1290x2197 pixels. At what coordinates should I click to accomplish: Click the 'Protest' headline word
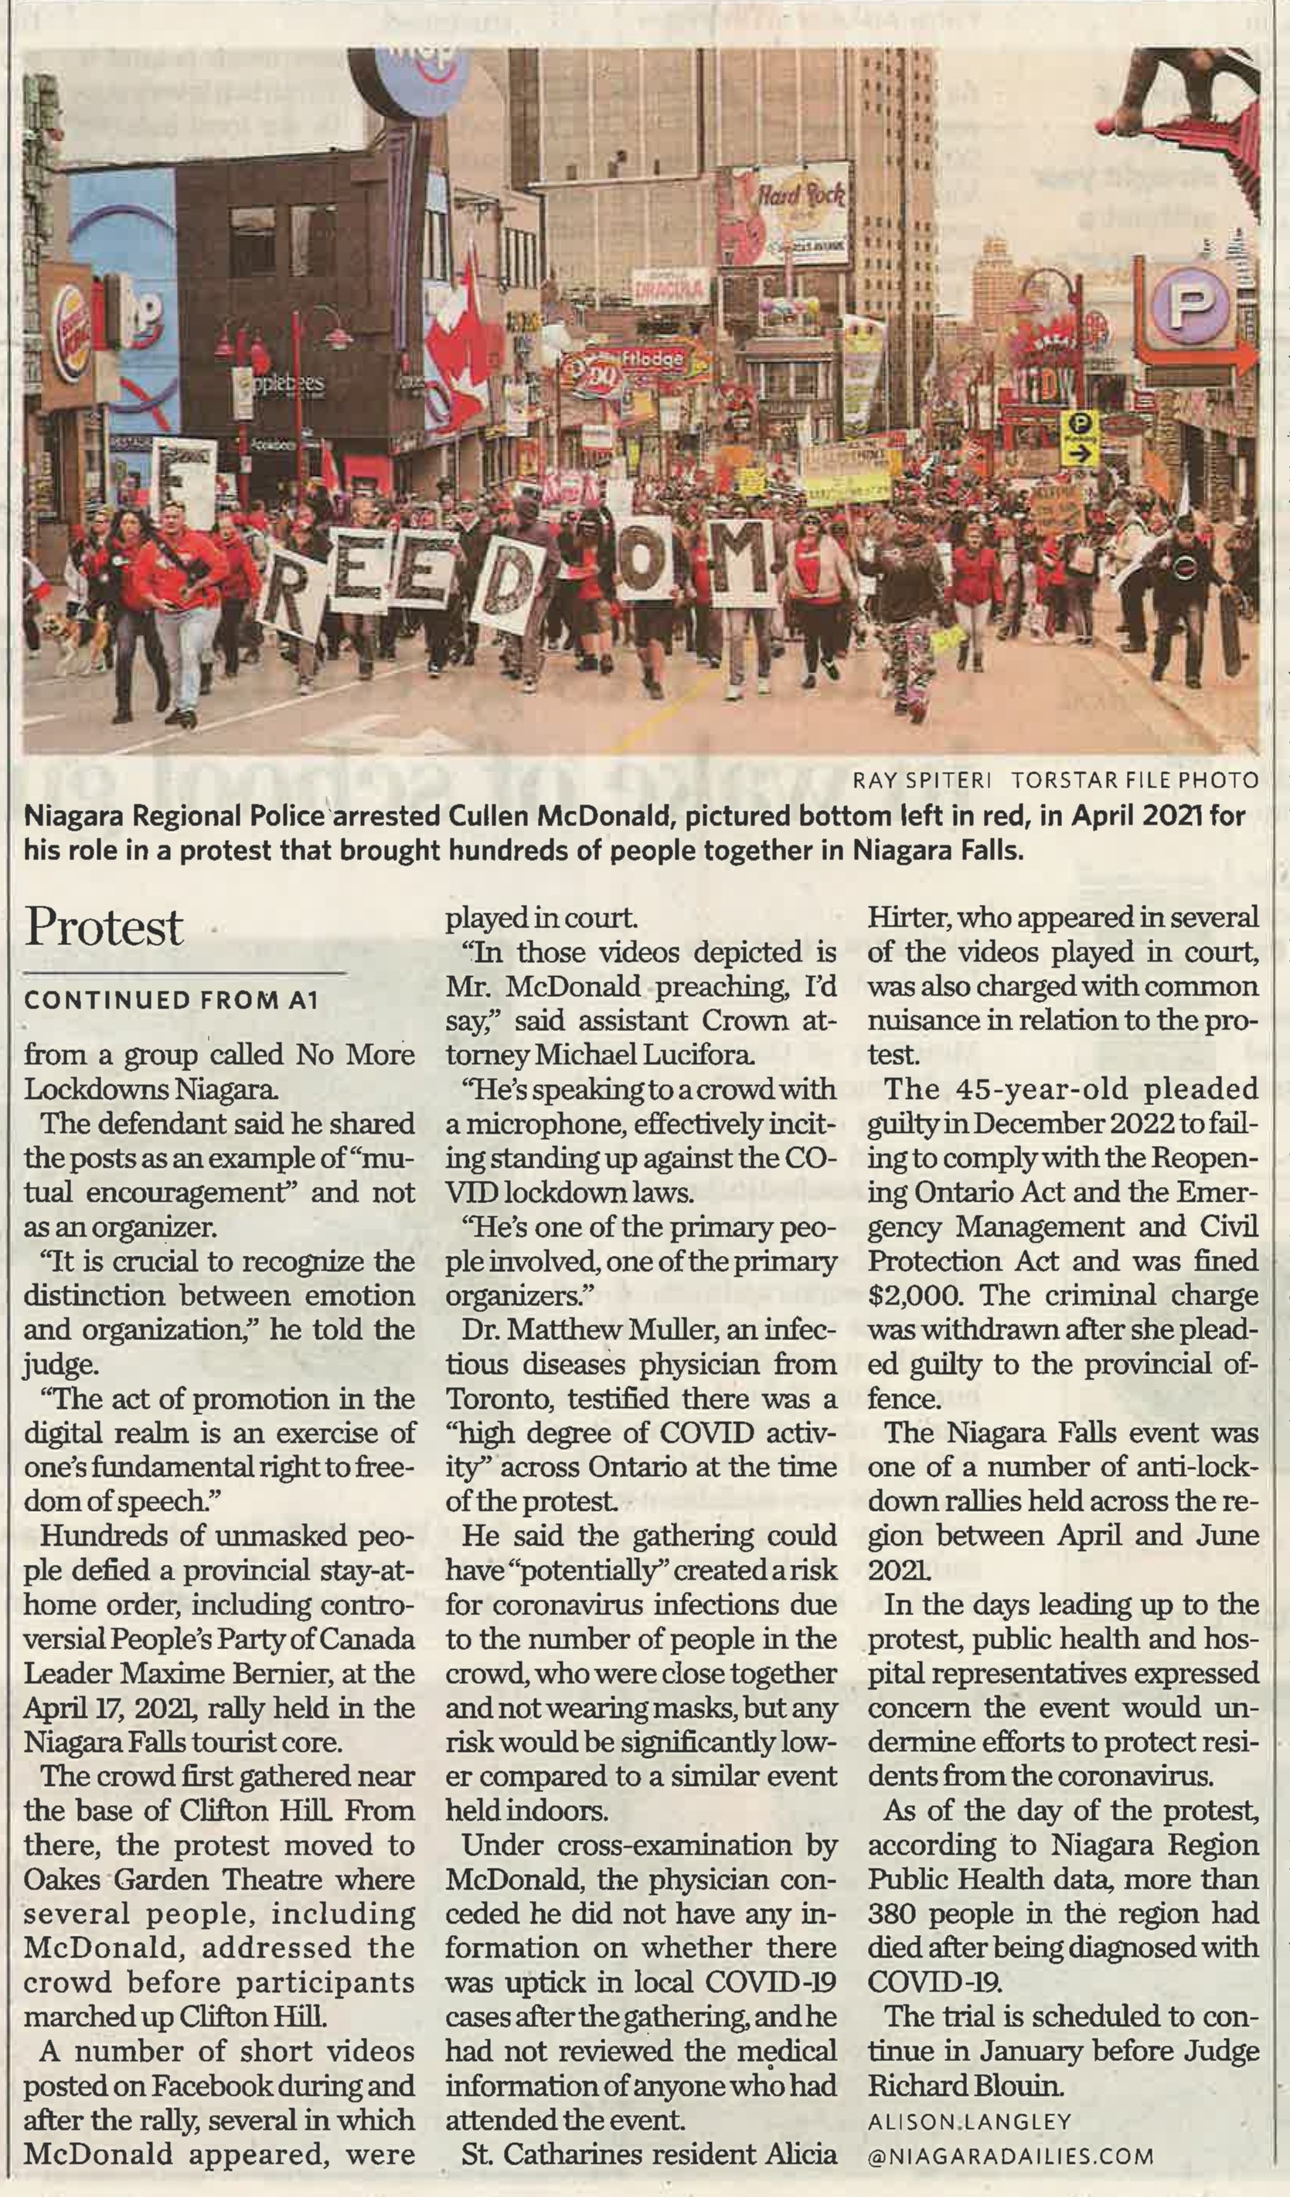tap(104, 927)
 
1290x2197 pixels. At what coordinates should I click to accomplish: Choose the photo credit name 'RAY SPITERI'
tap(922, 780)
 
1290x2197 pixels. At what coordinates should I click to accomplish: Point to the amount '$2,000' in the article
tap(915, 1294)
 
